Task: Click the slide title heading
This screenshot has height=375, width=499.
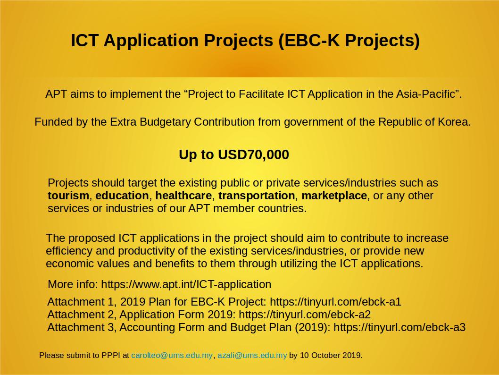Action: pos(245,41)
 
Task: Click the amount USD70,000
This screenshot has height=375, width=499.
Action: pos(253,154)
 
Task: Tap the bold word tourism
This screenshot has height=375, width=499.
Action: pos(68,196)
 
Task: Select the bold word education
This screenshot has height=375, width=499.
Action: pos(122,196)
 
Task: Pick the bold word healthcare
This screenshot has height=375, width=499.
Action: pos(183,196)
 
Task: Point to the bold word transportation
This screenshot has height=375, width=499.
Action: pos(257,196)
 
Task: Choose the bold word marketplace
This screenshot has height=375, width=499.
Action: pos(334,196)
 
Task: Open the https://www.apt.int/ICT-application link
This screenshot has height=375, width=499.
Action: pos(186,284)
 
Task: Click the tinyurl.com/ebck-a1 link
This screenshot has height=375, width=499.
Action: pos(335,302)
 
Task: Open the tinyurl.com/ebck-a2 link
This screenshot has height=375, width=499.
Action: pos(305,315)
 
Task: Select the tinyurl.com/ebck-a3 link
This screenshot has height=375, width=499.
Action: pos(399,327)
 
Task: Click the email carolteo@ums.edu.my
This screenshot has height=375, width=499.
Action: pos(172,355)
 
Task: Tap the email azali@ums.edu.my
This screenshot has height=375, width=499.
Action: pos(252,355)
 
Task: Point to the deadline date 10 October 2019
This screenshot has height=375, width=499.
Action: pos(330,355)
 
